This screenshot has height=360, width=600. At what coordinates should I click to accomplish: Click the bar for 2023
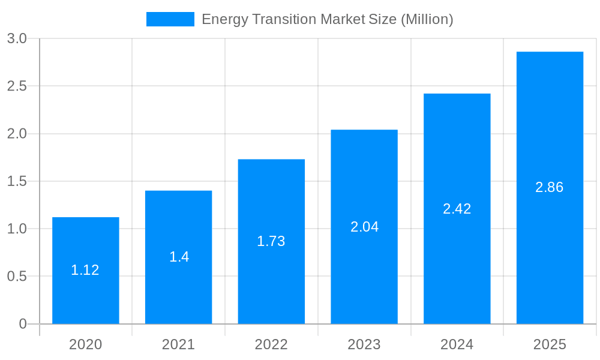click(364, 276)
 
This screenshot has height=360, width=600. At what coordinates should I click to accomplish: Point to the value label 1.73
click(271, 241)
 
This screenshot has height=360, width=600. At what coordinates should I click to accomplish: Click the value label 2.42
click(457, 209)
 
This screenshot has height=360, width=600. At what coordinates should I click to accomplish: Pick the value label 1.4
click(179, 257)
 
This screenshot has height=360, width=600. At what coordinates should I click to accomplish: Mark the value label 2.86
click(550, 187)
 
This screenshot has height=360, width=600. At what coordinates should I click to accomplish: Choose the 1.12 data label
click(85, 270)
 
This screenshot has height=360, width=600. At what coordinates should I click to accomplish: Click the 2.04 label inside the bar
click(364, 227)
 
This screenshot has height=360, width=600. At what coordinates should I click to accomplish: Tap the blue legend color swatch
click(170, 19)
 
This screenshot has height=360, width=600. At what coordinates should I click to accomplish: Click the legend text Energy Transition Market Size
click(327, 19)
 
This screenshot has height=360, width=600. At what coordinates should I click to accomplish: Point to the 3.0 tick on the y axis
click(17, 38)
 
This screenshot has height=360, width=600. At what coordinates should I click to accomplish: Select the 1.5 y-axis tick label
click(17, 181)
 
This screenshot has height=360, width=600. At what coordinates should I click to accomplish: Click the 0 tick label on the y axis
click(23, 324)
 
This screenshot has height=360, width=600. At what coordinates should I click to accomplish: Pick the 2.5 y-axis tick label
click(17, 86)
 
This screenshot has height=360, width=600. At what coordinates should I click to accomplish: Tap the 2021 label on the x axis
click(178, 344)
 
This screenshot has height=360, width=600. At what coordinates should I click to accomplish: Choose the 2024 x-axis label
click(457, 344)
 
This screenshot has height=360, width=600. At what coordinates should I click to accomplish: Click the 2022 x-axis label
click(271, 344)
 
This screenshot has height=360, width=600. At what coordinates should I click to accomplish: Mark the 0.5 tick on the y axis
click(17, 277)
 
